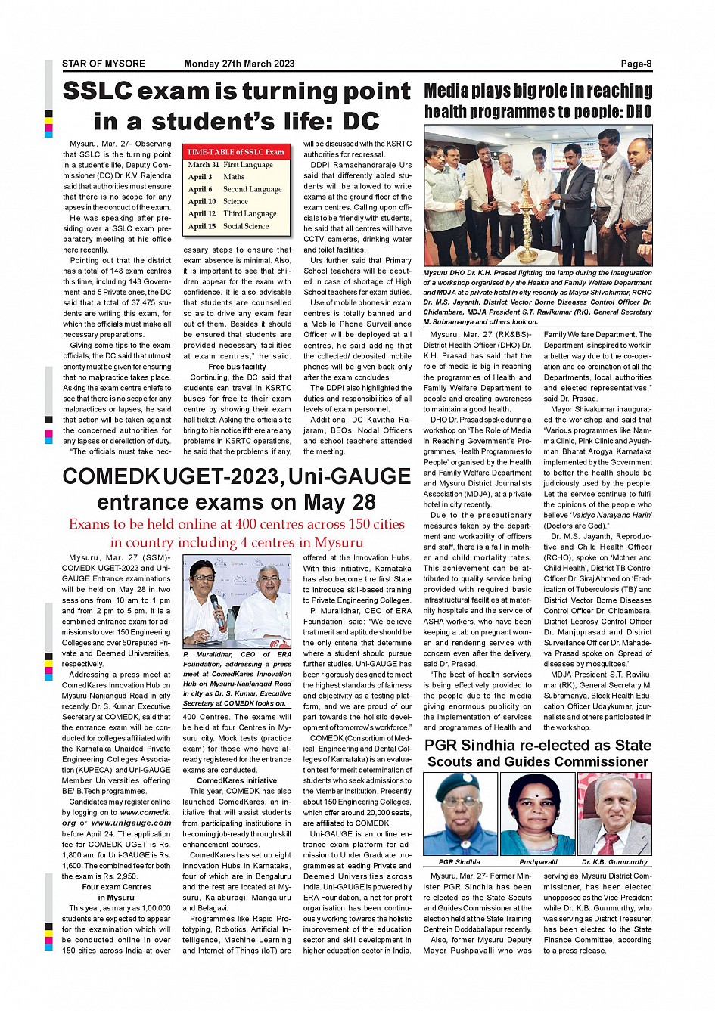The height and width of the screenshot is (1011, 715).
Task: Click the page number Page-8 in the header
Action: [636, 64]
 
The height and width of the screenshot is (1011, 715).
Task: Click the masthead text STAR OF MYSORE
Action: [104, 64]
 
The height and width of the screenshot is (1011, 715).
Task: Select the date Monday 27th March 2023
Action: [239, 64]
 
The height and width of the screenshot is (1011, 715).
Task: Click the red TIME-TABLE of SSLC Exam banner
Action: [235, 152]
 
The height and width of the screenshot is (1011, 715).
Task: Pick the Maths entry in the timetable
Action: [234, 177]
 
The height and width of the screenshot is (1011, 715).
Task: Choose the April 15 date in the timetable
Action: [202, 226]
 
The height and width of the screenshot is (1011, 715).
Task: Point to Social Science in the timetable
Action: [246, 226]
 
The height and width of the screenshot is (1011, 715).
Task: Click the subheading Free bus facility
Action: [237, 367]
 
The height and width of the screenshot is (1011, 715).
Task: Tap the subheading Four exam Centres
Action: [117, 887]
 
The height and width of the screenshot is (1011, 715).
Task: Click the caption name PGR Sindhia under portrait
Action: [459, 862]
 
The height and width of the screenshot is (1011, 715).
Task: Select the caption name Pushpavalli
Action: [538, 862]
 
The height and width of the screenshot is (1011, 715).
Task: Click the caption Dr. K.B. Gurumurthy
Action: [614, 862]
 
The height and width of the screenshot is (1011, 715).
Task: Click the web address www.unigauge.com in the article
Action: [132, 823]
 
